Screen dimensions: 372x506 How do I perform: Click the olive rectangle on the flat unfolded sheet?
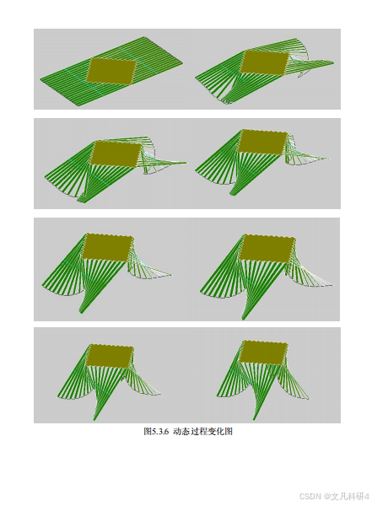(x=111, y=72)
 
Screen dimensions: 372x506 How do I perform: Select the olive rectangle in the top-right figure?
(x=264, y=62)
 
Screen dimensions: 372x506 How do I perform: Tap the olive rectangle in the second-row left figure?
(x=116, y=154)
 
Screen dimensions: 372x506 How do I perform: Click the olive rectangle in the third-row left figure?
(x=108, y=247)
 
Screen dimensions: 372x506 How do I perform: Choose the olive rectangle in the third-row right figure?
(x=267, y=249)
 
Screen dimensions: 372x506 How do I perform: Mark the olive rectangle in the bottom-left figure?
(x=111, y=356)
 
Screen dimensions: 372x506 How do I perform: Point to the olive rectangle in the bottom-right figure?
(x=263, y=353)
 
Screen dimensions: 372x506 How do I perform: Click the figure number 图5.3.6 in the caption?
(x=156, y=432)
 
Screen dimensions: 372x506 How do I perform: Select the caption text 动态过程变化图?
(x=202, y=432)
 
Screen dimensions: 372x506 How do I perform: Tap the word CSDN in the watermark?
(x=310, y=496)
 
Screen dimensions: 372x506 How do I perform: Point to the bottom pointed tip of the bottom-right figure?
(x=254, y=419)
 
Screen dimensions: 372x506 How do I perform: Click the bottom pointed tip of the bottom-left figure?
(x=94, y=420)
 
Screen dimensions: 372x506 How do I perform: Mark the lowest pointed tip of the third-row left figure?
(x=81, y=312)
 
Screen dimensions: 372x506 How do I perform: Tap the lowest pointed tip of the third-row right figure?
(x=244, y=319)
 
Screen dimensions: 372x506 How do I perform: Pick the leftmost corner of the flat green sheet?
(x=40, y=79)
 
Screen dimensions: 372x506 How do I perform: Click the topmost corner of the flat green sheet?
(x=143, y=37)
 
